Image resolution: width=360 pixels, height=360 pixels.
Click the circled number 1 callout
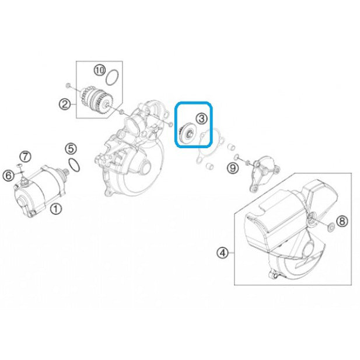point(56,209)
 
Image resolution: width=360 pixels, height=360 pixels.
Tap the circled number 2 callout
point(65,104)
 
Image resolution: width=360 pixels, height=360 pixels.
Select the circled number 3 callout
point(201,118)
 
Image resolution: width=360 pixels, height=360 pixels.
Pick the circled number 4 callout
point(223,253)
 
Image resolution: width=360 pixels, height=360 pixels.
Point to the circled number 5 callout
point(71,149)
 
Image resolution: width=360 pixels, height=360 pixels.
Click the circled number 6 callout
point(9,176)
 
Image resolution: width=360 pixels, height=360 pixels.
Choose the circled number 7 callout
point(25,157)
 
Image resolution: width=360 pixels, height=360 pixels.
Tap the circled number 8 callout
point(342,222)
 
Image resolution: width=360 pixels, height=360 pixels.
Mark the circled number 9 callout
point(233,169)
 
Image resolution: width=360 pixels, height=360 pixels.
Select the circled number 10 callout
point(100,70)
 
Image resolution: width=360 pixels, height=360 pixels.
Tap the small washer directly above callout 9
point(236,157)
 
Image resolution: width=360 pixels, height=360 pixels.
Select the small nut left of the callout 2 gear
point(68,86)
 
